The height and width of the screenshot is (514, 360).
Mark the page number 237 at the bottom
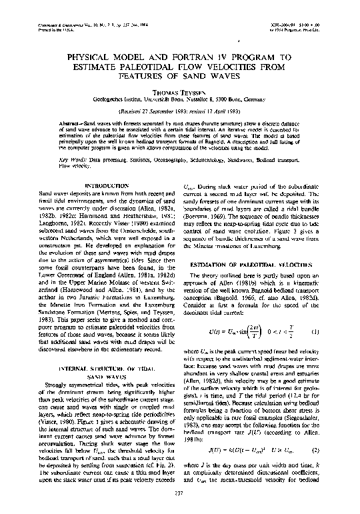pos(180,493)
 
